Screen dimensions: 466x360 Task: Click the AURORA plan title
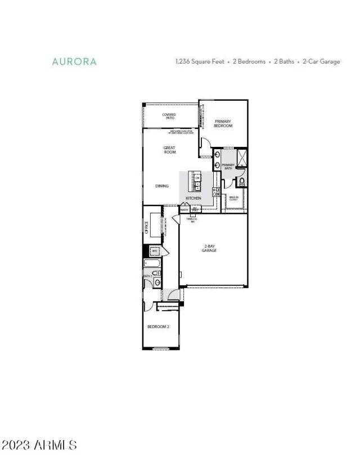click(x=74, y=62)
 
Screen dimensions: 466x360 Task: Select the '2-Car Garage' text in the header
click(x=322, y=62)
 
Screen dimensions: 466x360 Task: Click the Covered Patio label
click(x=169, y=116)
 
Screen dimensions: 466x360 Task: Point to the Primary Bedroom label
click(x=223, y=123)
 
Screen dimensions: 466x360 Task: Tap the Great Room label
click(x=169, y=150)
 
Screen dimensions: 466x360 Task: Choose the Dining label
click(x=162, y=186)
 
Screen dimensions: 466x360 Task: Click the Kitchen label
click(x=193, y=198)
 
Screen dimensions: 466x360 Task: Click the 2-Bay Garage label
click(x=210, y=248)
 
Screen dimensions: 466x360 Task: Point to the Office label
click(x=146, y=227)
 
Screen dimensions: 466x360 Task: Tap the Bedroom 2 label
click(x=158, y=327)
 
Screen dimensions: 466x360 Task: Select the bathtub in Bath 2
click(x=152, y=263)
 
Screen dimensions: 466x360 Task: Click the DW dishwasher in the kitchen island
click(x=197, y=178)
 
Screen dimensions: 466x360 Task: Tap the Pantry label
click(x=184, y=209)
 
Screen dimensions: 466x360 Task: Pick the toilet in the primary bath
click(x=242, y=181)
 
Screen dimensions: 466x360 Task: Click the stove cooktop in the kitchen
click(x=215, y=192)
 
